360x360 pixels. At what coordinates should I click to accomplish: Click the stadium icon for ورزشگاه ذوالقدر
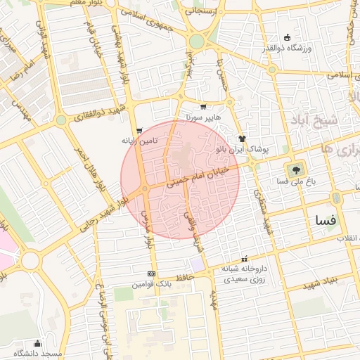[x=287, y=37]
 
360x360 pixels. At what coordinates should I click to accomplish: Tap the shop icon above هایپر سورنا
[x=203, y=108]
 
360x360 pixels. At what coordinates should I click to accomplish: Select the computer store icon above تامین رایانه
[x=139, y=131]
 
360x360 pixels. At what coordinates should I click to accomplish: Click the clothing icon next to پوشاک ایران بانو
[x=242, y=139]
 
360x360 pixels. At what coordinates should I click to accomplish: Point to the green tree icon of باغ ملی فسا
[x=295, y=169]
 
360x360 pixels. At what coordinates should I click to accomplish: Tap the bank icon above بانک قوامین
[x=151, y=274]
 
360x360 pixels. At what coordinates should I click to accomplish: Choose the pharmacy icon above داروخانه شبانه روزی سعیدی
[x=245, y=259]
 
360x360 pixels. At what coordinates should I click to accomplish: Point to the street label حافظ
[x=184, y=279]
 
